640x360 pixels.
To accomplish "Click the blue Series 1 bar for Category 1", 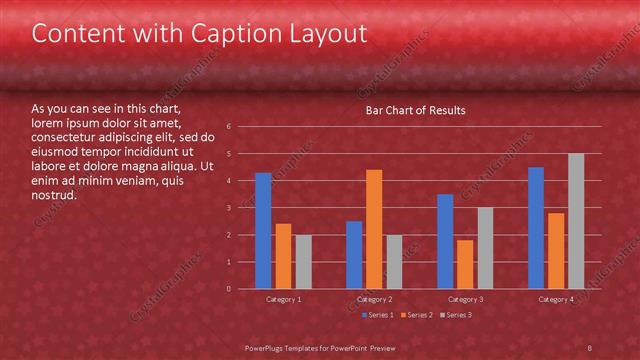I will pos(263,231).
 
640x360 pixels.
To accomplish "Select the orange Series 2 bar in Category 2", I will pos(374,229).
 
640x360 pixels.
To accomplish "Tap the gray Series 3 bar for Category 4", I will pos(576,221).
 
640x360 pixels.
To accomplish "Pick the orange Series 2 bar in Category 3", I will pos(465,264).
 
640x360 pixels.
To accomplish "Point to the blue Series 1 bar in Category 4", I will pos(536,228).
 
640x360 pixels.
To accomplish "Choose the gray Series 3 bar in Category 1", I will pos(303,262).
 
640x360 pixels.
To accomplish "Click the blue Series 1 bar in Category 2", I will pos(354,255).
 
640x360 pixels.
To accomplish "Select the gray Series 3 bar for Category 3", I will pos(485,248).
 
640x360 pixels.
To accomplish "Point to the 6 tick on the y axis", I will pos(230,127).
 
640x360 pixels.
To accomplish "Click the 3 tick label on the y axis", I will pos(230,208).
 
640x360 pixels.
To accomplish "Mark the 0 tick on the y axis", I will pos(230,289).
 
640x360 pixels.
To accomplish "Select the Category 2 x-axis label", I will pos(374,299).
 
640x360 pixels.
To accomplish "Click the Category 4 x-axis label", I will pos(556,299).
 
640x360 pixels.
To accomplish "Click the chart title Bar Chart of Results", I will pos(416,110).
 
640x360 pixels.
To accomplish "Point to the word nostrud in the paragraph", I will pos(54,195).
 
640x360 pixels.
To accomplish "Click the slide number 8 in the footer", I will pos(590,347).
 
